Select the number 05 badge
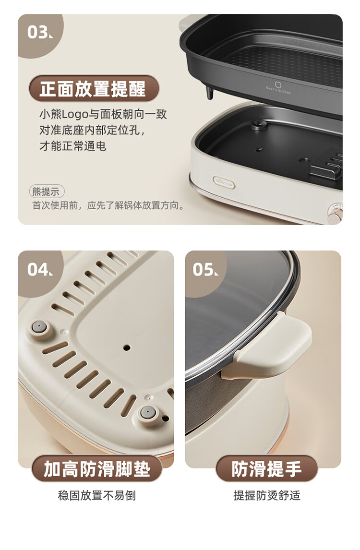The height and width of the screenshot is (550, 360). click(204, 270)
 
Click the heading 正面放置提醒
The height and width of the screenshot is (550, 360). click(94, 88)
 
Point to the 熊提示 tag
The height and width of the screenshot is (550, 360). click(46, 191)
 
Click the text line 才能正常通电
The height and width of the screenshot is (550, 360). click(72, 146)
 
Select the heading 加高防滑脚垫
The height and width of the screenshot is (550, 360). click(97, 468)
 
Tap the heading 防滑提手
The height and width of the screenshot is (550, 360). click(266, 468)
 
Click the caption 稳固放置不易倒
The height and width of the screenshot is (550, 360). click(96, 495)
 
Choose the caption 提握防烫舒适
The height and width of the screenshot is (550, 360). click(267, 495)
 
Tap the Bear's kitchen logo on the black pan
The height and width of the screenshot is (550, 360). click(278, 88)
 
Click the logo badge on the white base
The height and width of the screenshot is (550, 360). click(224, 183)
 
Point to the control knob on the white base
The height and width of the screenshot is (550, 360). click(335, 213)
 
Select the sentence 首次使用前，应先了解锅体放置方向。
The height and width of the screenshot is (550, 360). click(108, 205)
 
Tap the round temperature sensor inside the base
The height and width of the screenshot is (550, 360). click(260, 125)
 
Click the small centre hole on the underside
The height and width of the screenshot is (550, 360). click(127, 348)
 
